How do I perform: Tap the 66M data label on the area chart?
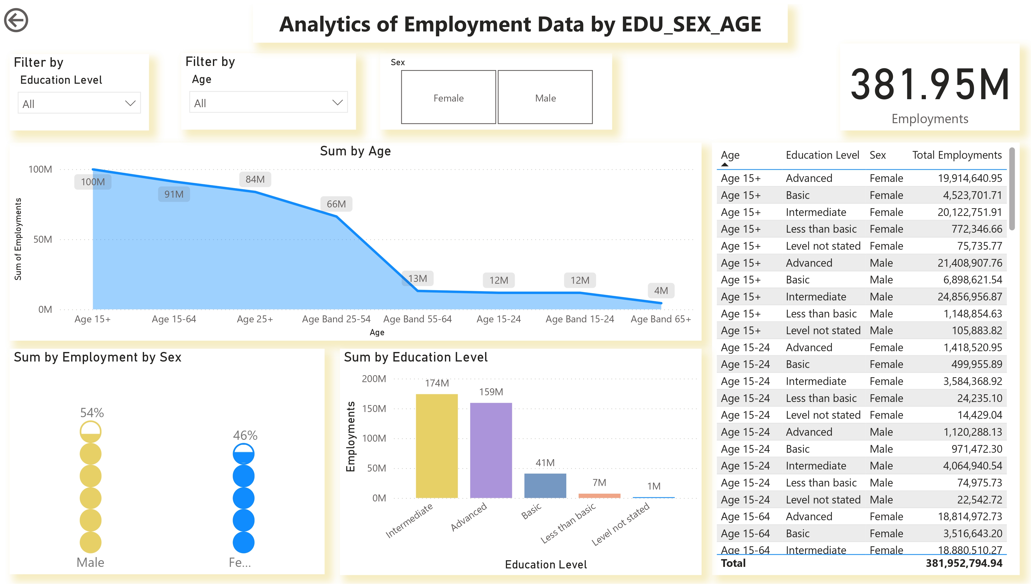[x=336, y=204]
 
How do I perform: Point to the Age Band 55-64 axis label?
[x=417, y=319]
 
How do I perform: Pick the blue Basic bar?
[x=545, y=485]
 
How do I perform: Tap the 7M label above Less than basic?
[x=599, y=483]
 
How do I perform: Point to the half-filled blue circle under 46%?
[x=244, y=454]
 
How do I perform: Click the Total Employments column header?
[x=957, y=155]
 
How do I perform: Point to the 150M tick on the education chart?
[x=374, y=409]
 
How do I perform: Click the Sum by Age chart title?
[x=355, y=151]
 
